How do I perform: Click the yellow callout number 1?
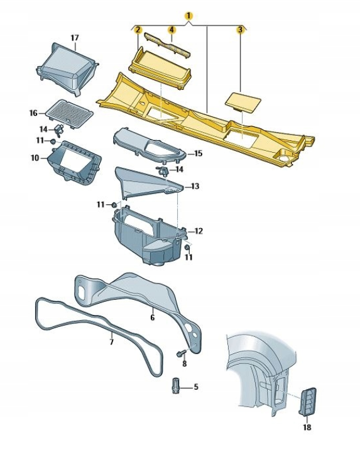click(188, 16)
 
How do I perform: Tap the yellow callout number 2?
click(138, 30)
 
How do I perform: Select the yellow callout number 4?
click(172, 30)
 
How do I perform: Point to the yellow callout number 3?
click(240, 30)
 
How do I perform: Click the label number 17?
click(75, 38)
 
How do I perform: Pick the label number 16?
click(33, 113)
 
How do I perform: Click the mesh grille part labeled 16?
click(70, 113)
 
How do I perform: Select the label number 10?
click(35, 158)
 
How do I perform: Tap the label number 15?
click(198, 153)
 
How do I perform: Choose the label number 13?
click(195, 187)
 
